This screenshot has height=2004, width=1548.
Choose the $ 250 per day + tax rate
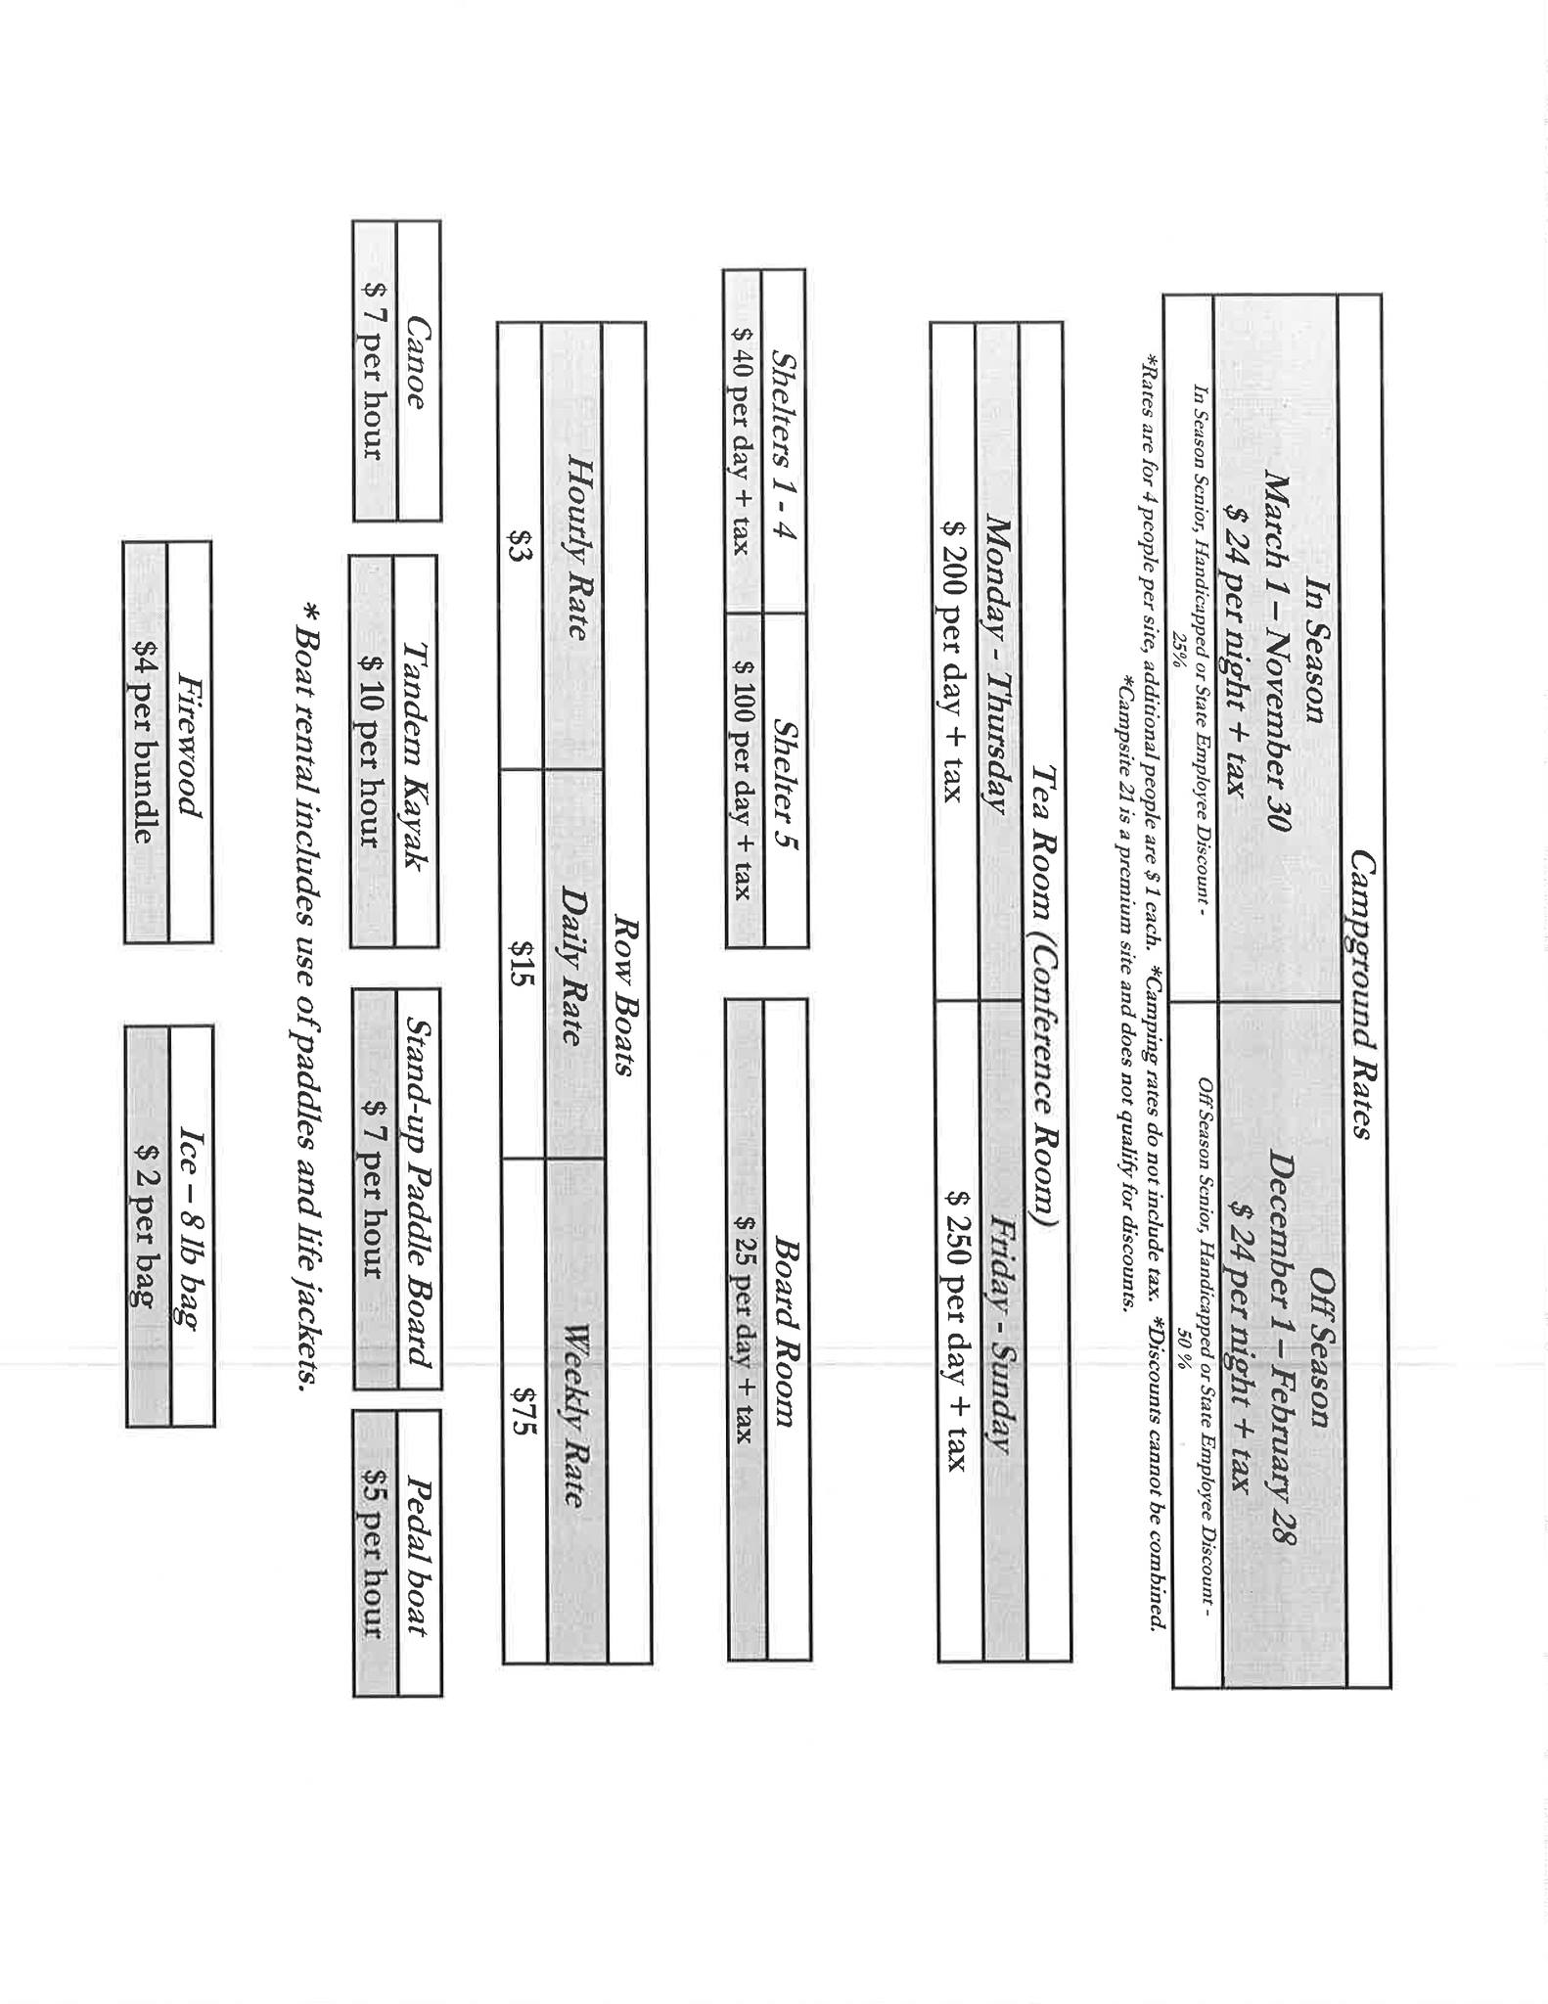tap(960, 1331)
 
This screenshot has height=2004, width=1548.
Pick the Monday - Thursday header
tap(997, 662)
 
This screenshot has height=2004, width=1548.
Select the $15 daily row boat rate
tap(522, 963)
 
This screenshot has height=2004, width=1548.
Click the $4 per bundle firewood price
tap(145, 743)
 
